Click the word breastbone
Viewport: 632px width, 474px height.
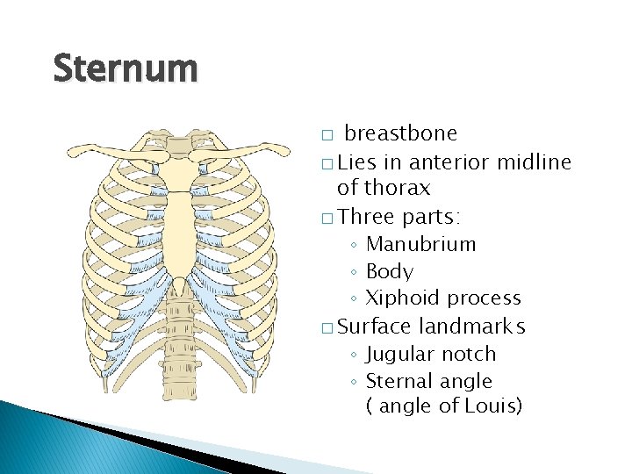400,133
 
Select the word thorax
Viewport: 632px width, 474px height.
399,188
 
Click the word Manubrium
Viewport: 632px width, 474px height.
420,244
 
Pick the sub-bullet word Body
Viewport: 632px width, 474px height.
389,271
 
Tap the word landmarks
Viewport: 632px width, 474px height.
471,327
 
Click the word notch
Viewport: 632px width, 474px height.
470,354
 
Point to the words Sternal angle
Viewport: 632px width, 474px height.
428,381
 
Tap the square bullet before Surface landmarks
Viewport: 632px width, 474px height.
327,328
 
